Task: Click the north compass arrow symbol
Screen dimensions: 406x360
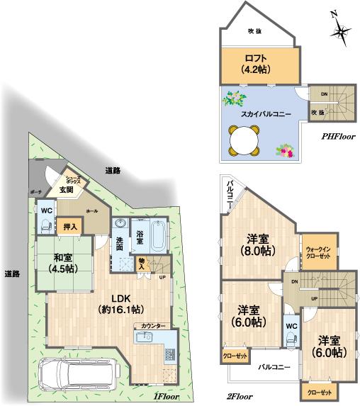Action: [x=341, y=30]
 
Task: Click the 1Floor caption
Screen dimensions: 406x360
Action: [x=167, y=397]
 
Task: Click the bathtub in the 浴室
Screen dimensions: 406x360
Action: [x=157, y=238]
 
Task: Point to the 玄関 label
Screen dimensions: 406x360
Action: [x=66, y=189]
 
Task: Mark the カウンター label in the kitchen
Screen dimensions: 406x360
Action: [x=153, y=325]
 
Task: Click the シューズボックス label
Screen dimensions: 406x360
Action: [x=74, y=179]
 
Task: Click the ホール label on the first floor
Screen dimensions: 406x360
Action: [x=91, y=211]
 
